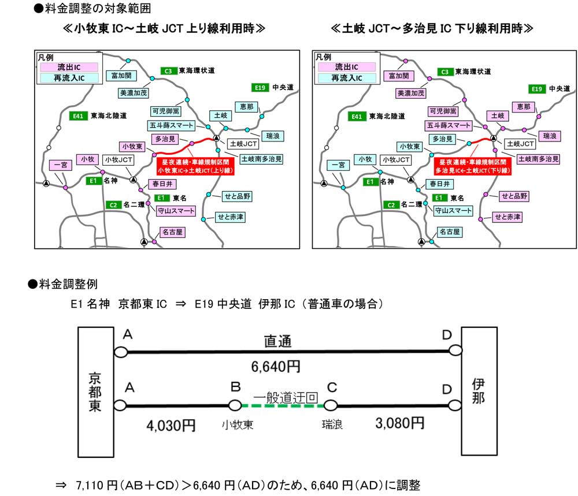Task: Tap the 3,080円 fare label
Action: (399, 424)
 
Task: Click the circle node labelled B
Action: (235, 405)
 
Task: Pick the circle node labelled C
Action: (331, 405)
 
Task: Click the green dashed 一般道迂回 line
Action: (283, 406)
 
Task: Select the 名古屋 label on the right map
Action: (449, 232)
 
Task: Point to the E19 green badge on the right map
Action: (536, 88)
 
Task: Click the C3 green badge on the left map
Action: (168, 71)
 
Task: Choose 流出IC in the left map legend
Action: (69, 68)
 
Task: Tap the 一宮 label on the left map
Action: (60, 165)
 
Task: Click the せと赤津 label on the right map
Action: (507, 217)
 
